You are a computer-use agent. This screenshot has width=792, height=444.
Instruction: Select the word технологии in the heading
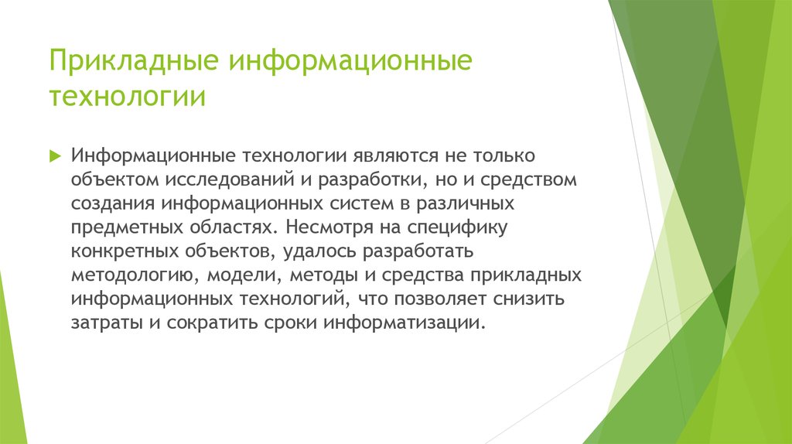click(128, 98)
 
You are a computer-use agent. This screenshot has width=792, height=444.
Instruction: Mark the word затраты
click(104, 323)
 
